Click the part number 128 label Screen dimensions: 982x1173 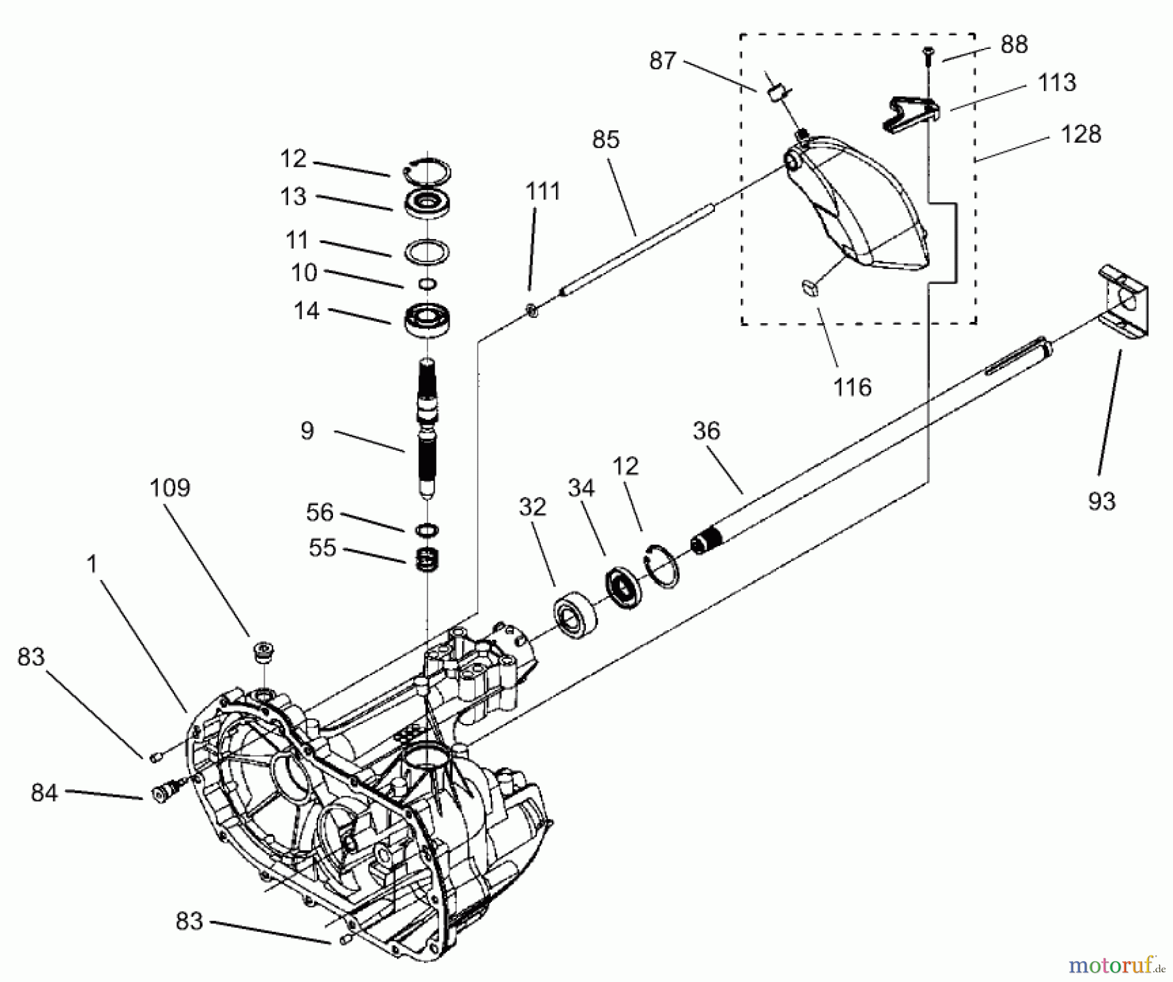tap(1080, 134)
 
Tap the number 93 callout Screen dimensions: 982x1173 tap(1101, 500)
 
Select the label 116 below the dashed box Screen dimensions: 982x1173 tap(852, 387)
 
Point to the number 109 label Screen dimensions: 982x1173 tap(169, 487)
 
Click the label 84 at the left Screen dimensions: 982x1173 tap(44, 793)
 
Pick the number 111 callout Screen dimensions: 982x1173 tap(543, 192)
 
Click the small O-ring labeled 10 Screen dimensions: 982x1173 tap(427, 283)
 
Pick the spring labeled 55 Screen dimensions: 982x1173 tap(427, 559)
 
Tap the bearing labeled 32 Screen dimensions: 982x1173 tap(575, 614)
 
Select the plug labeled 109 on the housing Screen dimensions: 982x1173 tap(265, 652)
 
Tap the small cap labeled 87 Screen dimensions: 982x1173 tap(774, 93)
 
